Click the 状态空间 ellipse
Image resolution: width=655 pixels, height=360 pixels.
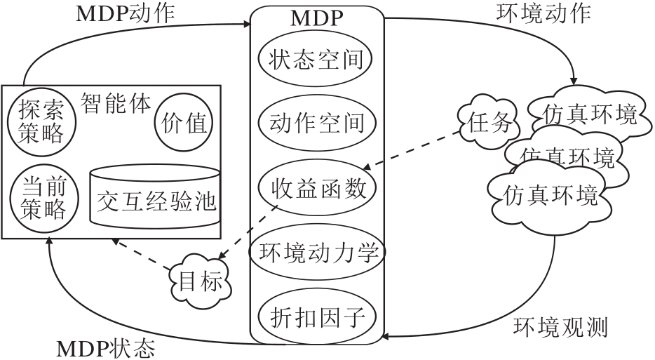[316, 60]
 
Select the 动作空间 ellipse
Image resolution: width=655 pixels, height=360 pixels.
[316, 124]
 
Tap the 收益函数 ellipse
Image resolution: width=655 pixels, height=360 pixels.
[316, 187]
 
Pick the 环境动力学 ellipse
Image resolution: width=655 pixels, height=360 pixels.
[316, 251]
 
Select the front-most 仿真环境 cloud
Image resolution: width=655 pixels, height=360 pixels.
[550, 194]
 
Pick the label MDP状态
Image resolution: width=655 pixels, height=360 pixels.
[105, 348]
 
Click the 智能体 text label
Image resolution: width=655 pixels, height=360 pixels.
[116, 102]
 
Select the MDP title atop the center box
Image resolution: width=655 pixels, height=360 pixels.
[316, 18]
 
